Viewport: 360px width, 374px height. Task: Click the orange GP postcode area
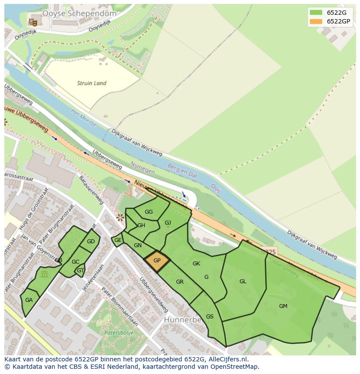(157, 261)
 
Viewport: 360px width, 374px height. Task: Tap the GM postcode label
(283, 306)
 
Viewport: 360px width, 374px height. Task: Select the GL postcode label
(243, 281)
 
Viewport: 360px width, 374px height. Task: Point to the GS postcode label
(210, 317)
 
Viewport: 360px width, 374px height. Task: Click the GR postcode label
(180, 282)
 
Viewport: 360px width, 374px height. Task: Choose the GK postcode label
(196, 264)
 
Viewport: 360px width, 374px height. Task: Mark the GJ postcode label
(168, 223)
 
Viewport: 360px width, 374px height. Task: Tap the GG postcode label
(149, 212)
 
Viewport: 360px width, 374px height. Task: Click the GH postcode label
(141, 225)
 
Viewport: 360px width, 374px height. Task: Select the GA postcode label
(29, 300)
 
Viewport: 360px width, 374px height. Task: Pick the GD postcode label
(90, 242)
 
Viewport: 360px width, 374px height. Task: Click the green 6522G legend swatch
(316, 12)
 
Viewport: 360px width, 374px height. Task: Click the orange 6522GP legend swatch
(316, 21)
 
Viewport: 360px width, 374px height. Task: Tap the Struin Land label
(91, 83)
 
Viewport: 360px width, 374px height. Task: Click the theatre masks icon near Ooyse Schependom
(32, 21)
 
